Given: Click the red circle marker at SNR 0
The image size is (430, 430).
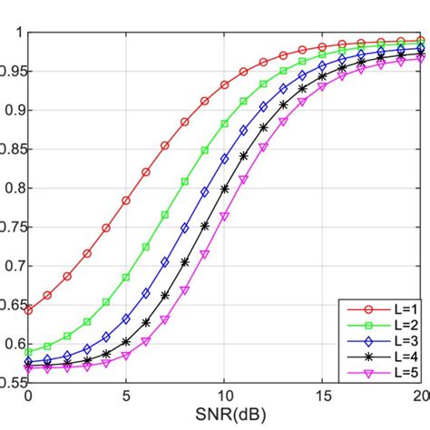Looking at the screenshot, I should pyautogui.click(x=28, y=310).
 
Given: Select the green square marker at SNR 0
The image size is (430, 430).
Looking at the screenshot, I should pyautogui.click(x=28, y=351).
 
